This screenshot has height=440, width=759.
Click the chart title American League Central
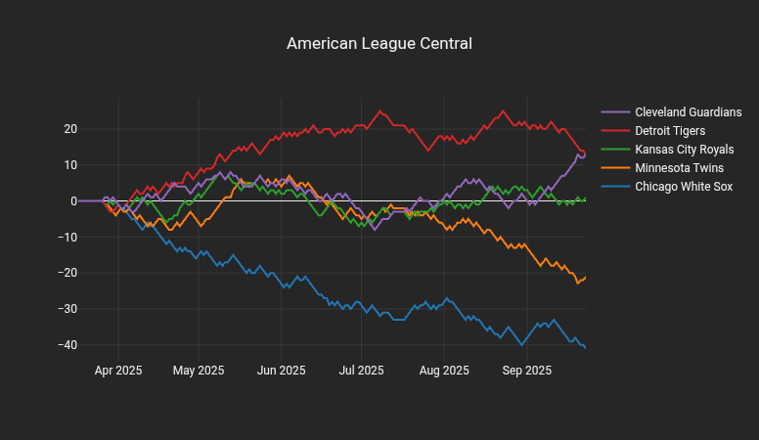[x=379, y=44]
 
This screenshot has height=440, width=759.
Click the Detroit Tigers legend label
[x=670, y=131]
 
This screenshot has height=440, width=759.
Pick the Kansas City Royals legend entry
[x=684, y=150]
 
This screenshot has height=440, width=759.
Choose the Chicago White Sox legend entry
[x=684, y=187]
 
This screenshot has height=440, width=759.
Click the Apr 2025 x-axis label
[x=118, y=371]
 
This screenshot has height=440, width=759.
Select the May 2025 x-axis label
[x=199, y=371]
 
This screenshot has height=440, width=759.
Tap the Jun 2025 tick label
[x=281, y=371]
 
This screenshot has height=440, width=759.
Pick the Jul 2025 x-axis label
[x=361, y=371]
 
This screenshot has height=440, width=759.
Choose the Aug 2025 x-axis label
[x=443, y=371]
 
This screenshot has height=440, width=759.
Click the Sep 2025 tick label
[x=526, y=371]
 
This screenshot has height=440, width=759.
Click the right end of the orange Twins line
[x=585, y=277]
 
